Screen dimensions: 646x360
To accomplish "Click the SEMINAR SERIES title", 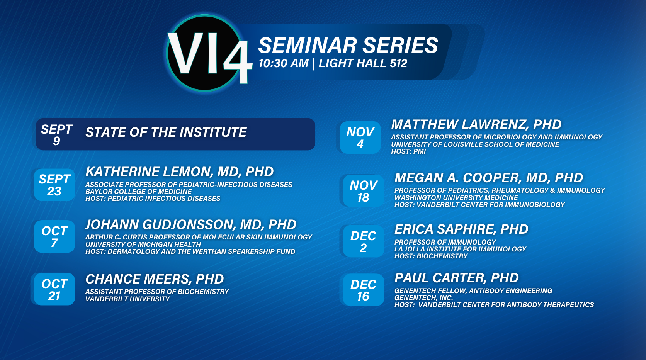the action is pos(348,45).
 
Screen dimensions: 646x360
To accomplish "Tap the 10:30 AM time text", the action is pos(284,63).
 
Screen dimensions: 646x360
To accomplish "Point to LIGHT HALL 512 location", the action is pos(363,63).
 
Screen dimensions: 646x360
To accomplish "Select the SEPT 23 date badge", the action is pos(54,185).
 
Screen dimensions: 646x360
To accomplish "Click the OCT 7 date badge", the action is pos(54,237).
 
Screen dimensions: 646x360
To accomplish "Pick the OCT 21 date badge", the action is pos(54,289).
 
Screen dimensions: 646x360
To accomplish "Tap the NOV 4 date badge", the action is pos(360,138).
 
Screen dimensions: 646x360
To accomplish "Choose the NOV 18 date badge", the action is pos(363,191).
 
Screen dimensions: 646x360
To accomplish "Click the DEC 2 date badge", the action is pos(363,241).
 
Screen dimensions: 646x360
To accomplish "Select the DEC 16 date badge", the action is pos(363,290).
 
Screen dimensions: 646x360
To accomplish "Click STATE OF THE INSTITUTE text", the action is pos(166,132).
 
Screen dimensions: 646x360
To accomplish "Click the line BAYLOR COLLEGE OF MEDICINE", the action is pos(138,192).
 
